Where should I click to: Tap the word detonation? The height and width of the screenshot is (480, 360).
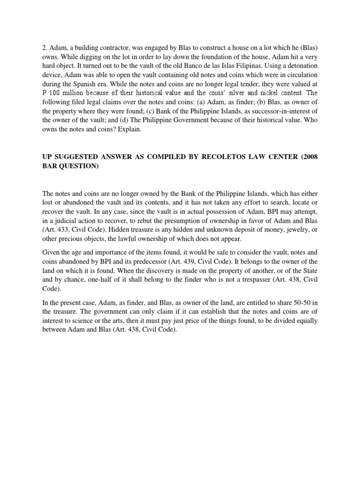[300, 67]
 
